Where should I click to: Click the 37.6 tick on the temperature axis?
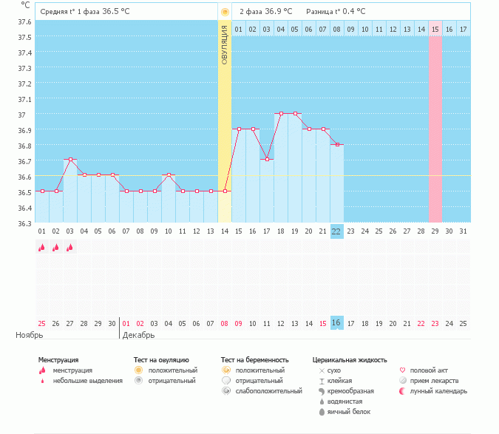pos(25,22)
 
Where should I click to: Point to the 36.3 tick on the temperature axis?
pos(25,223)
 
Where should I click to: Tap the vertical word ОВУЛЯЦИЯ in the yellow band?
pos(225,44)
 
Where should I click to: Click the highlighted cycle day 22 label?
pos(336,231)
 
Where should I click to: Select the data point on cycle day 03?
pos(70,159)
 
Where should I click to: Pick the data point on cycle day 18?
pos(281,114)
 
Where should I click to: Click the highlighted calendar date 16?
pos(336,323)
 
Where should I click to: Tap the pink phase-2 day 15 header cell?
pos(435,29)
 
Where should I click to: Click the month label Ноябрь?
pos(30,335)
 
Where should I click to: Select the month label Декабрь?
pos(139,335)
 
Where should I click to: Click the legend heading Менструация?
pos(58,360)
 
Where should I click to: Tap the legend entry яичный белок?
pos(350,412)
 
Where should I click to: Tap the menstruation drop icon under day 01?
pos(42,248)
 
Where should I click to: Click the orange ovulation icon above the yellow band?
pos(225,12)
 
